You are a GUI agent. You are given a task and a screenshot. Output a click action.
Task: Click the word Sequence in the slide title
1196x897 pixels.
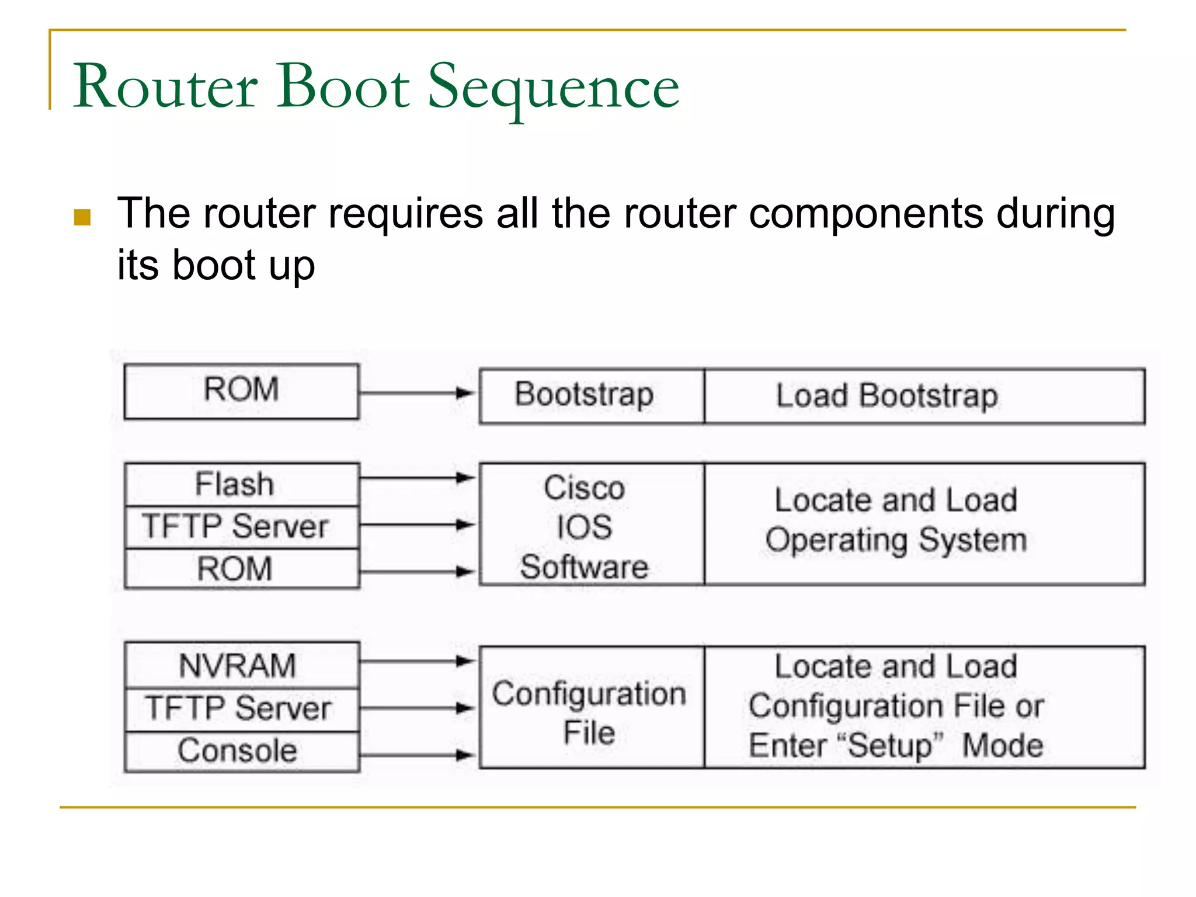[x=553, y=88]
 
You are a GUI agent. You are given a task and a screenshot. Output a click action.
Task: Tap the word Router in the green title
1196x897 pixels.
[x=165, y=88]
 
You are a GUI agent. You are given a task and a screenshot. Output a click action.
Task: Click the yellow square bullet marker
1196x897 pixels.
[x=82, y=217]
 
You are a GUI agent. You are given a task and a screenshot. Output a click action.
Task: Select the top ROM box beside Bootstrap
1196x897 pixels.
[x=241, y=391]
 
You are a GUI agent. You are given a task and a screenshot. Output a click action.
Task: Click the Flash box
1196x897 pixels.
[x=241, y=484]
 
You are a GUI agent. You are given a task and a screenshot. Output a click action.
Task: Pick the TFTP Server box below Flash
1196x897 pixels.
[x=241, y=526]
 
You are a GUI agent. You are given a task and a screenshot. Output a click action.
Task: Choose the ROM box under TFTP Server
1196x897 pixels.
[x=241, y=568]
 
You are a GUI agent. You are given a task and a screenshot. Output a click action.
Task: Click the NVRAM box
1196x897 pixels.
[x=241, y=665]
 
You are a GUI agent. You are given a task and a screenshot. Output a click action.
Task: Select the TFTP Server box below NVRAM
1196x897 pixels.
[x=241, y=709]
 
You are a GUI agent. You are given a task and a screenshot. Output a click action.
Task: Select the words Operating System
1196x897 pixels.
[x=896, y=540]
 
